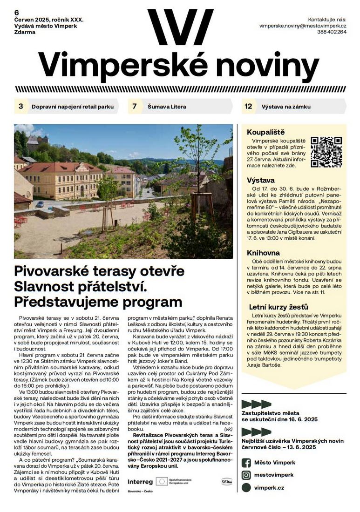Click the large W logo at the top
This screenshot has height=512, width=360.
tap(180, 27)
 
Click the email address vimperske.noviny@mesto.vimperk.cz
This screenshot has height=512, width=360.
tap(303, 26)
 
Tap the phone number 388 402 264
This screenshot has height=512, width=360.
tap(332, 33)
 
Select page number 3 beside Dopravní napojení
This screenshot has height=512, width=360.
tap(20, 107)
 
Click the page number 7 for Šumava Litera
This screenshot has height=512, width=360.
tap(135, 107)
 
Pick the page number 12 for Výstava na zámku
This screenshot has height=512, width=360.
tap(248, 107)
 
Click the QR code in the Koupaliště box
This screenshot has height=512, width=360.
tap(326, 152)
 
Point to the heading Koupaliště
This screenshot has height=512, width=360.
tap(265, 132)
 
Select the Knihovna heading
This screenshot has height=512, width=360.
tap(263, 253)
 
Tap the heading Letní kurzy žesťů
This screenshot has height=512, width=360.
tap(272, 307)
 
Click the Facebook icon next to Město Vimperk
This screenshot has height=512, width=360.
tap(246, 463)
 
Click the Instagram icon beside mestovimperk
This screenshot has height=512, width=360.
tap(246, 475)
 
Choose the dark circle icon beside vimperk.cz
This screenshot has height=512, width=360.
tap(246, 488)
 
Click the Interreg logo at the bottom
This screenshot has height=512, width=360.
tap(140, 482)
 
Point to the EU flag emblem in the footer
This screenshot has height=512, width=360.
tap(162, 481)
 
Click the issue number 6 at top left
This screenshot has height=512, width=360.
tap(17, 12)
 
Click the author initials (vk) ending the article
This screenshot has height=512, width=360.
tap(228, 429)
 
